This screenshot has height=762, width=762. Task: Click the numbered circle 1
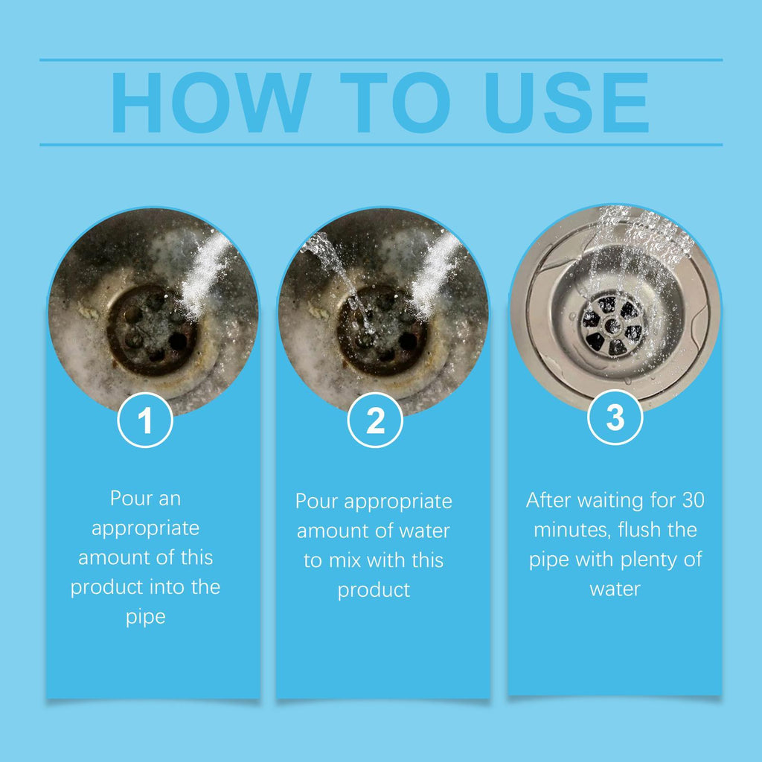coord(146,420)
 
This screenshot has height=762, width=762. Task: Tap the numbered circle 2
coord(376,420)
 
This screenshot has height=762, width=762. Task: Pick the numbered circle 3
coord(615,419)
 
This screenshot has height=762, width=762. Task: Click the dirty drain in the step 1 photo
coord(152,328)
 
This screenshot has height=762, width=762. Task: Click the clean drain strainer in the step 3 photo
coord(612,324)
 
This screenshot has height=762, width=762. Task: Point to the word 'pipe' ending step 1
coord(146,618)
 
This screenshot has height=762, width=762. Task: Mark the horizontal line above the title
coord(381,60)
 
